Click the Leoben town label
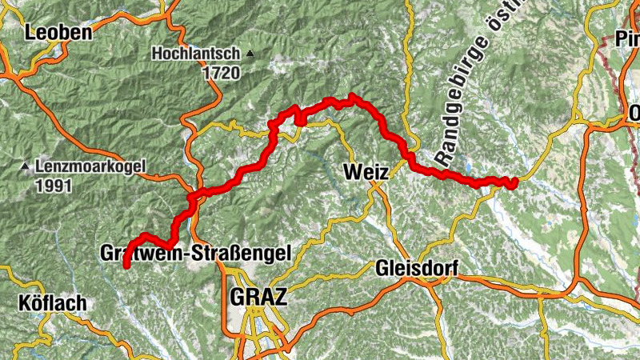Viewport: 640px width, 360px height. (x=58, y=33)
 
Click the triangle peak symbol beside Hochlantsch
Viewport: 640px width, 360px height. (x=250, y=54)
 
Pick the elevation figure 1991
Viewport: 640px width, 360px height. (x=53, y=186)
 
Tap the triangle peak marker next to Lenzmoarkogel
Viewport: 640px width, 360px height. (x=25, y=167)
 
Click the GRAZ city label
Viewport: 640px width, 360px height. (x=257, y=297)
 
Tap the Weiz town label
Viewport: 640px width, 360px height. (x=365, y=172)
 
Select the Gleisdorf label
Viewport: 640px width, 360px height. (x=415, y=270)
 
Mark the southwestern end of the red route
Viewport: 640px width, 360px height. (x=126, y=266)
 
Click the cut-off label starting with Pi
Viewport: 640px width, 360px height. (x=626, y=38)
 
